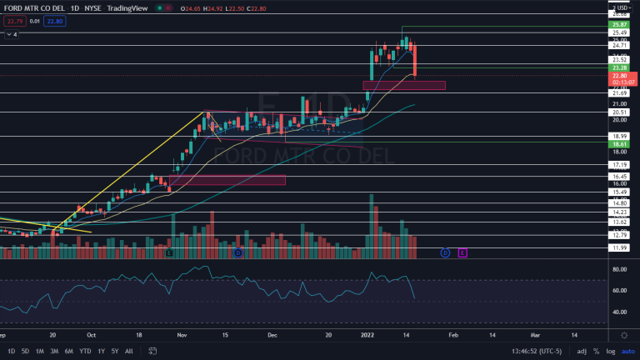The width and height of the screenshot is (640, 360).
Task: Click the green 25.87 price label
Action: (619, 26)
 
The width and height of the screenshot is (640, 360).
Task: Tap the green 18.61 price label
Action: (619, 143)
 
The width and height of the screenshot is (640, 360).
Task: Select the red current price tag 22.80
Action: (619, 76)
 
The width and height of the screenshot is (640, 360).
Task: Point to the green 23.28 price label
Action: (619, 67)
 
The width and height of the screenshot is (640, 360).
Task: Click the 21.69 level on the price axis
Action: (619, 93)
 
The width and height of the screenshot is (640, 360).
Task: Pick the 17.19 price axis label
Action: (619, 165)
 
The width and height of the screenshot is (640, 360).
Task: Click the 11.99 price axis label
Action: (619, 248)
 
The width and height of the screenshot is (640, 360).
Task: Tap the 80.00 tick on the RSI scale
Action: (619, 270)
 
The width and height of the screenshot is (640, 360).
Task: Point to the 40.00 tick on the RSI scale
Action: (619, 312)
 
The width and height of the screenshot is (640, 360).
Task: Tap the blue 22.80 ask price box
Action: (53, 21)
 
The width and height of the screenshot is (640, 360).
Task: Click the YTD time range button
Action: (85, 351)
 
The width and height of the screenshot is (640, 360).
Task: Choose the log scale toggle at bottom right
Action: (611, 351)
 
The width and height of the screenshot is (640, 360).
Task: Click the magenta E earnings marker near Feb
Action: (462, 252)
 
